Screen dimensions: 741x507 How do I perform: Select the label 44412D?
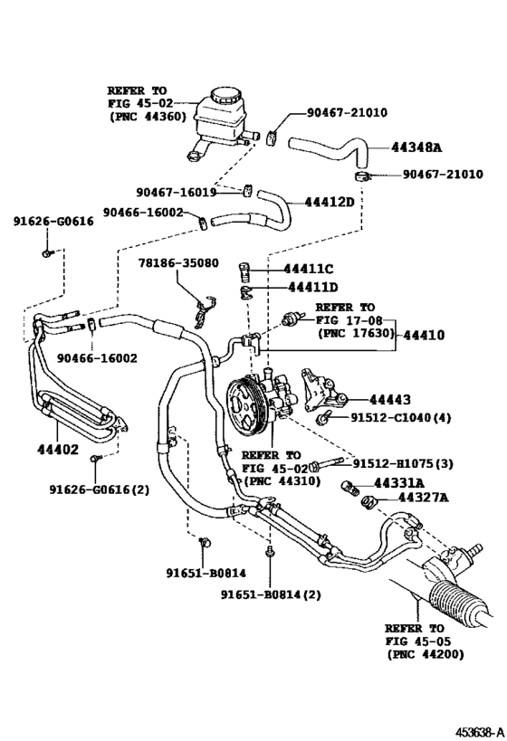329,201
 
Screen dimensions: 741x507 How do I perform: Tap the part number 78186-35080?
178,263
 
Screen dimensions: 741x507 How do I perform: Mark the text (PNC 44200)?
422,652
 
